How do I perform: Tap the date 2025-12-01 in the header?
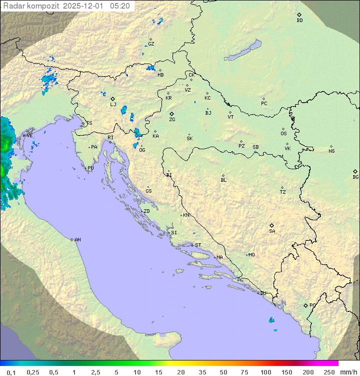click(85, 6)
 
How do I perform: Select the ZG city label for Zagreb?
click(172, 120)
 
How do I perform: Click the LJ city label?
click(113, 105)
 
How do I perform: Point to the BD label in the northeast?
click(299, 21)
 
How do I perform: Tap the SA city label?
click(272, 231)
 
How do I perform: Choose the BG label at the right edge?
click(355, 177)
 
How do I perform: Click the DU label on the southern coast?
click(262, 293)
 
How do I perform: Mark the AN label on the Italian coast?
click(77, 240)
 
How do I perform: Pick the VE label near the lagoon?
click(29, 135)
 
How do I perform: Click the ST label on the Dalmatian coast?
click(198, 245)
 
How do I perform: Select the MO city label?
click(251, 254)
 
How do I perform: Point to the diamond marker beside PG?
click(305, 305)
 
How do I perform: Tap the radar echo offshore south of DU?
click(271, 320)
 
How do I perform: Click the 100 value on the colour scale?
click(265, 372)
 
